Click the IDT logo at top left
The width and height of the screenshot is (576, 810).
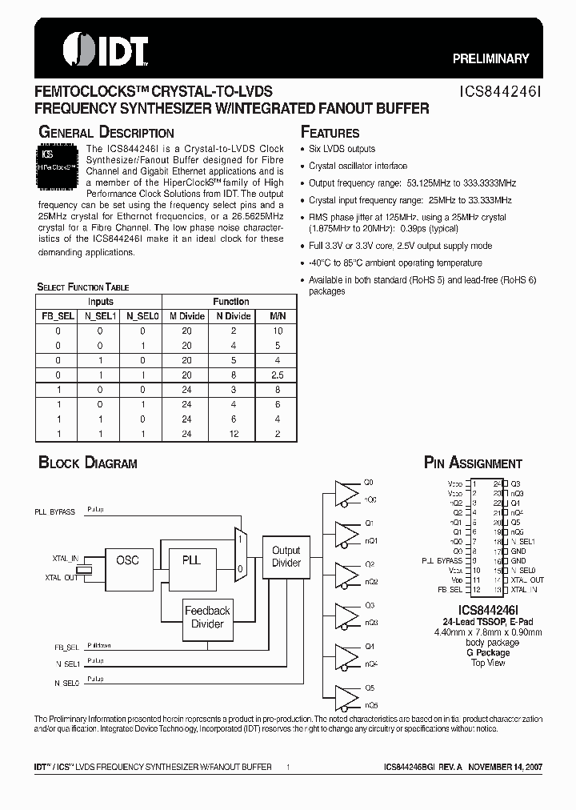(x=95, y=49)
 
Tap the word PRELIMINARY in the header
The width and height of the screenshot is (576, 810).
(x=491, y=58)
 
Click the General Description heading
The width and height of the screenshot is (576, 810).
(x=106, y=133)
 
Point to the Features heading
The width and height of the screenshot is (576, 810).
(x=330, y=133)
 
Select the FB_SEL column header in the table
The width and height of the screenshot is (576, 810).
(x=58, y=316)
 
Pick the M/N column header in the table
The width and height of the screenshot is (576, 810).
(x=277, y=316)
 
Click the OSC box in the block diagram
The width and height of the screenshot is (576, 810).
(x=127, y=560)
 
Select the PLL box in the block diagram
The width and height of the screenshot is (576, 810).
(x=191, y=560)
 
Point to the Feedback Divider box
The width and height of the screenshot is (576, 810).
(x=207, y=617)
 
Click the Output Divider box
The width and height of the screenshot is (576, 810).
(x=286, y=556)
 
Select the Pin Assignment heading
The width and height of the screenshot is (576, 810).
(x=473, y=463)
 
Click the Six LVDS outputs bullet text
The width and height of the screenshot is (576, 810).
(x=342, y=149)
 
